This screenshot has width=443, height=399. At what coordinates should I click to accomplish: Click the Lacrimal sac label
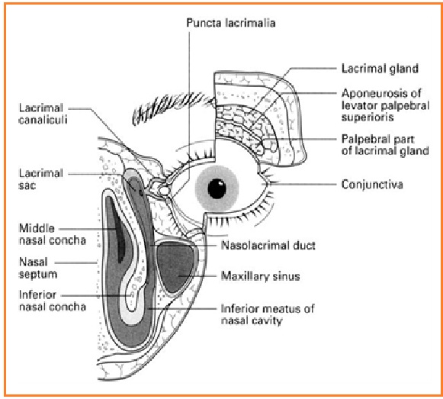(x=38, y=179)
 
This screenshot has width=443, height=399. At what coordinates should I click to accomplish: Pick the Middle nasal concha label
(x=45, y=233)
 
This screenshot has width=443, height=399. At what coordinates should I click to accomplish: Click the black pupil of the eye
(x=218, y=188)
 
